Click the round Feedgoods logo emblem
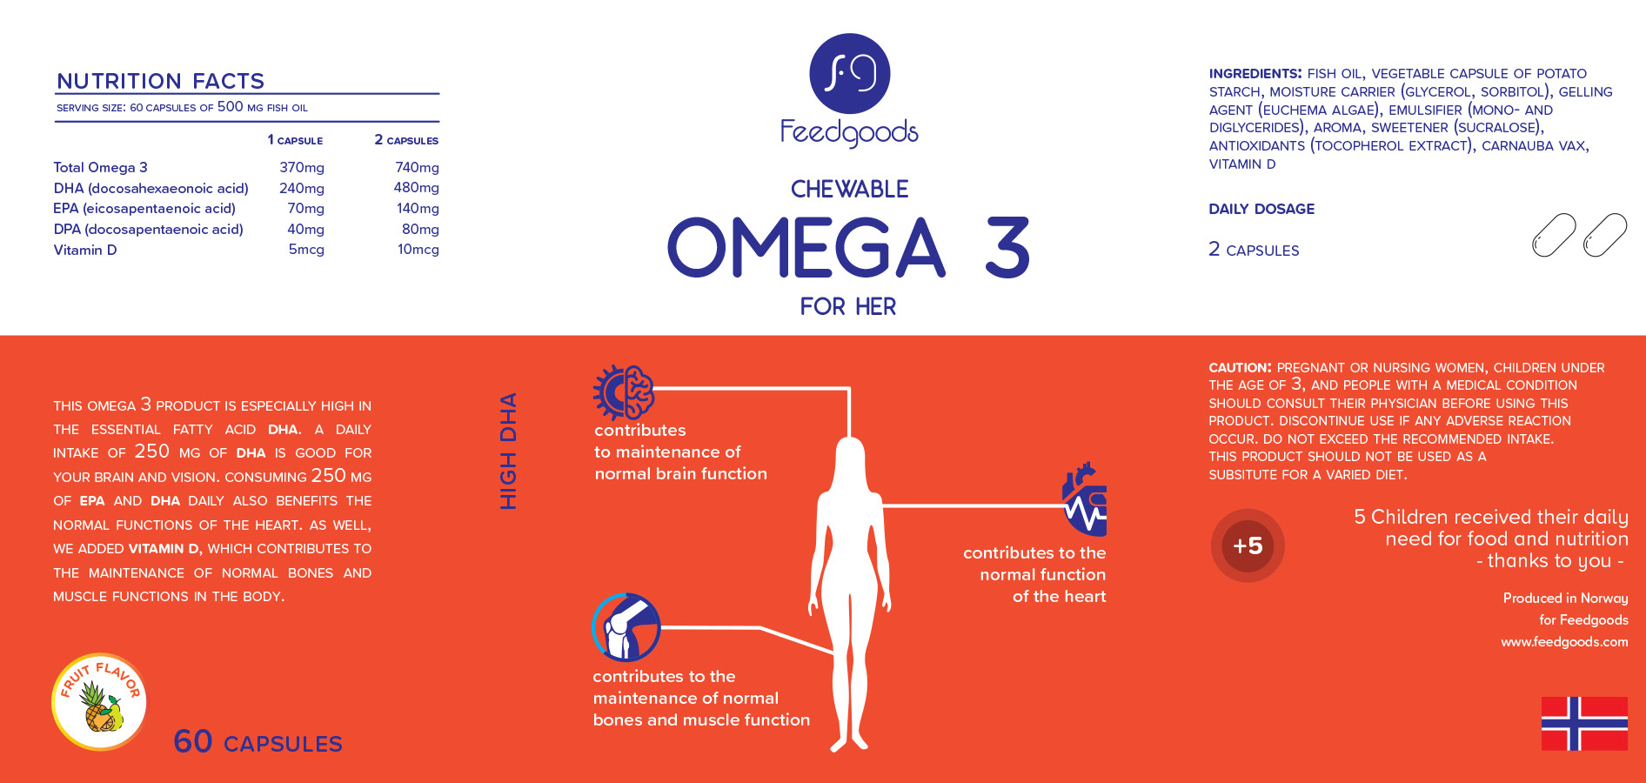pos(849,73)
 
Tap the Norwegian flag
pos(1583,723)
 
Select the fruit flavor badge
pos(99,702)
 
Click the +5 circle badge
pos(1248,545)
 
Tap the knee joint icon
pos(626,627)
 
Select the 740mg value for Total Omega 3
pos(417,167)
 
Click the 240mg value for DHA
pos(302,188)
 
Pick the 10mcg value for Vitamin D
pos(418,250)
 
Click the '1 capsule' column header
pos(295,140)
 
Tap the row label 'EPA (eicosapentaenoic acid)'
pos(144,209)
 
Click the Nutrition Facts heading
pos(160,81)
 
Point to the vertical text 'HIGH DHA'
pos(508,451)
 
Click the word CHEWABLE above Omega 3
pos(849,189)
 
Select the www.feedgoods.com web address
pos(1563,642)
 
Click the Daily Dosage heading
pos(1261,209)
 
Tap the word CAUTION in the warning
pos(1239,368)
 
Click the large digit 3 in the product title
pos(1007,248)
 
